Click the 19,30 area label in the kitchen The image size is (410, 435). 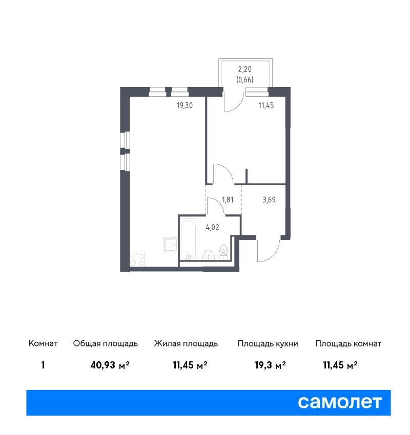(x=184, y=105)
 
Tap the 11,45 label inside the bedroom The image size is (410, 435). (x=266, y=105)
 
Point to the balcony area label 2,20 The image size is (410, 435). (x=245, y=69)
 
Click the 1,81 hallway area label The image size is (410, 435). (x=228, y=200)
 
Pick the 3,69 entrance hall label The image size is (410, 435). (x=269, y=200)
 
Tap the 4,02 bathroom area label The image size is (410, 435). (x=213, y=228)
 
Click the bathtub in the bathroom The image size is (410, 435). (x=188, y=240)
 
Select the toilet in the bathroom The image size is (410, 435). (x=223, y=252)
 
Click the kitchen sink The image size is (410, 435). (x=170, y=245)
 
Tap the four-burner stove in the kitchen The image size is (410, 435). (x=137, y=259)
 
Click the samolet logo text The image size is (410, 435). (x=340, y=402)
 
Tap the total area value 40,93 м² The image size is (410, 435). (x=110, y=365)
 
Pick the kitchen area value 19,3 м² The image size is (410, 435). (x=270, y=365)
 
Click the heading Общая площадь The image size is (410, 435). (x=105, y=344)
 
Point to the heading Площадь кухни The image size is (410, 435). (x=268, y=344)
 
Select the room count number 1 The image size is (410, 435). (x=43, y=365)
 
